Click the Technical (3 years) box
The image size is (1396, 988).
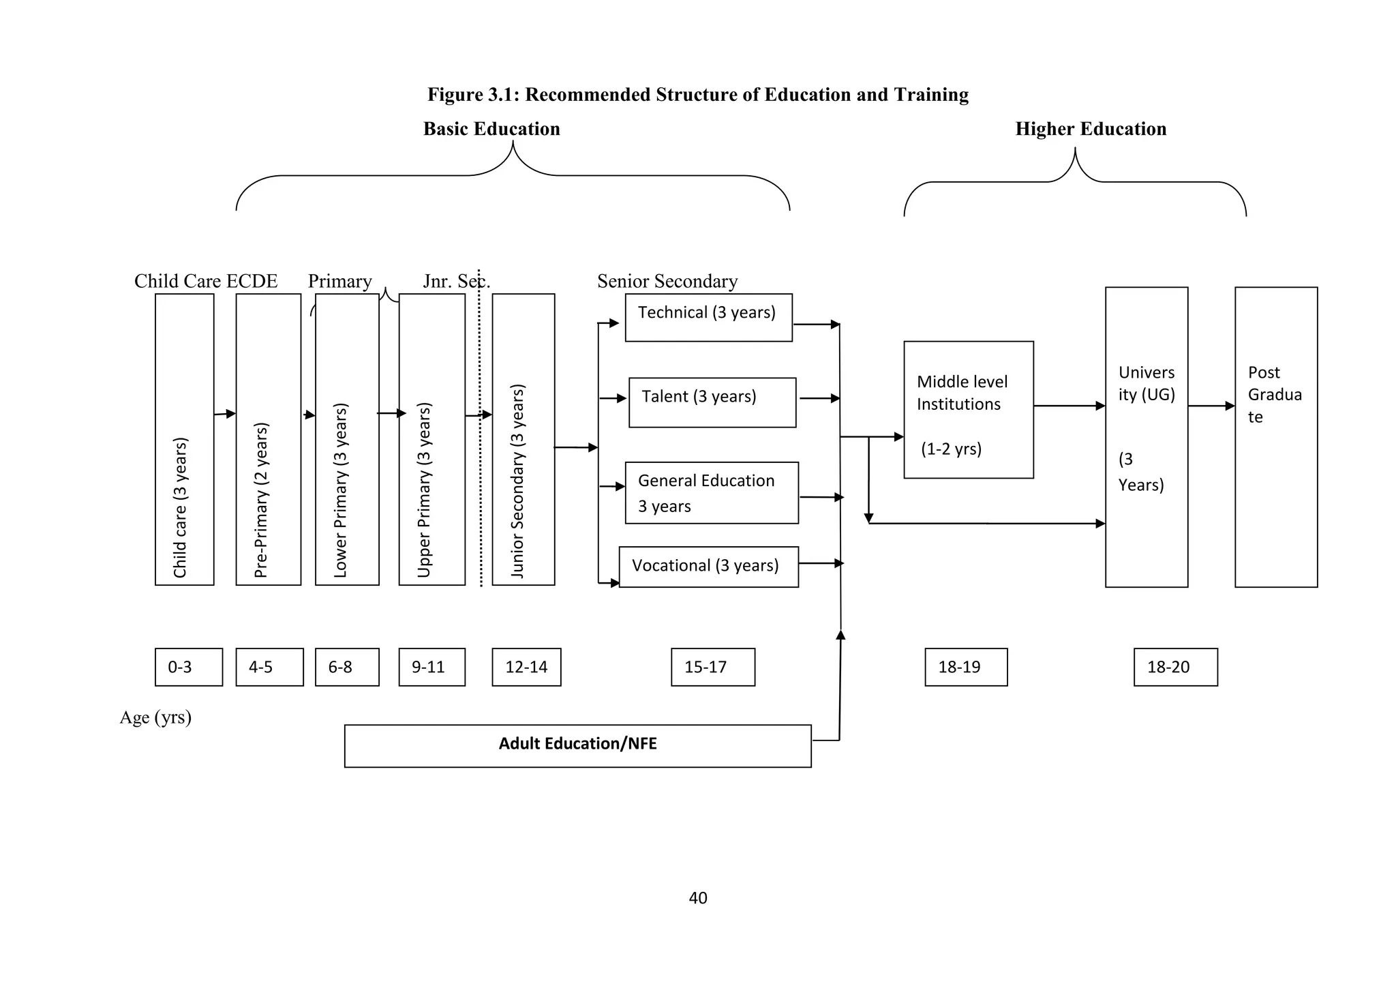coord(708,317)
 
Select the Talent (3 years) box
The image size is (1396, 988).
coord(712,402)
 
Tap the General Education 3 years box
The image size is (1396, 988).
coord(711,493)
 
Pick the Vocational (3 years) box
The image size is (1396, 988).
coord(708,567)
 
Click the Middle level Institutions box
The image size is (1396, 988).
coord(968,409)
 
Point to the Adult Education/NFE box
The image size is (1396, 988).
coord(577,745)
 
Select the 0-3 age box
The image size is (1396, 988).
coord(188,667)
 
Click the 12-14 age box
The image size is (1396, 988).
coord(526,667)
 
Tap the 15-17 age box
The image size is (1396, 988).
coord(712,667)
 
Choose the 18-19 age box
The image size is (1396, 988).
coord(965,667)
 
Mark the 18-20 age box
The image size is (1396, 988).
coord(1175,667)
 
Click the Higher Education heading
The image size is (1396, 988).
coord(1091,129)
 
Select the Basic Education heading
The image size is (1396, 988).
coord(491,129)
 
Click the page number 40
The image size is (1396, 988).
coord(698,898)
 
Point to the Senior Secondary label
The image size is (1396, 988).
coord(667,281)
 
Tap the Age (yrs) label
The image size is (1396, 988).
coord(155,717)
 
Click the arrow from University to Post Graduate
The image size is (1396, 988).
coord(1211,406)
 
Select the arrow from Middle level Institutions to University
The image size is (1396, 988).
coord(1069,406)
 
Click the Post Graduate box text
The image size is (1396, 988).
coord(1274,395)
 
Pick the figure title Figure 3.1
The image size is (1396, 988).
coord(697,94)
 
